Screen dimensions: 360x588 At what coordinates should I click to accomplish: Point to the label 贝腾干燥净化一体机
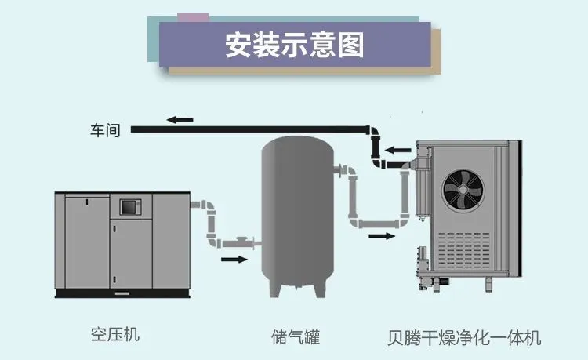[465, 338]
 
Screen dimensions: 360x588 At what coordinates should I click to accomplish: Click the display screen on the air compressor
[128, 207]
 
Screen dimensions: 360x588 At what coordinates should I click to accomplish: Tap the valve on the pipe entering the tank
[245, 240]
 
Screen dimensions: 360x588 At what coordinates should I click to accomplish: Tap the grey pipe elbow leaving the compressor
[209, 206]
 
